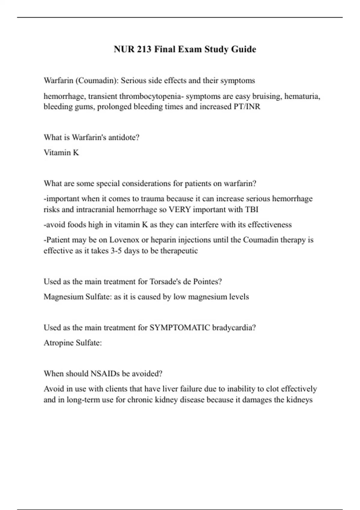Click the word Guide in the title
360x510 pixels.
pos(243,49)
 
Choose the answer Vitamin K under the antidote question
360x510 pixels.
pos(61,152)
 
